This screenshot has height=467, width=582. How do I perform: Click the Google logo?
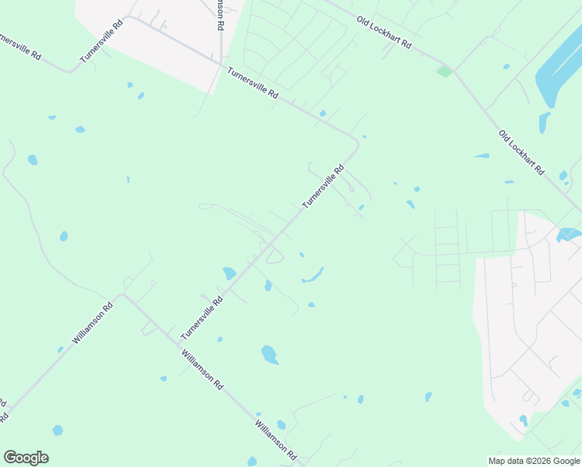(x=26, y=458)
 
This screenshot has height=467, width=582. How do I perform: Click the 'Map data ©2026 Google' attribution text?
(x=535, y=461)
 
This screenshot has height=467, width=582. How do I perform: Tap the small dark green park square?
(x=444, y=72)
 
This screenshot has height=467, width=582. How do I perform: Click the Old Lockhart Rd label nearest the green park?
(x=384, y=32)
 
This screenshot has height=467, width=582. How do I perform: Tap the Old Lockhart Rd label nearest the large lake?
(x=521, y=152)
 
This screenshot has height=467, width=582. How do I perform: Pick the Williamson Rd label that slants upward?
(x=93, y=324)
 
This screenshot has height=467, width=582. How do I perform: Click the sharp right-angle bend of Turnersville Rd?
(x=357, y=142)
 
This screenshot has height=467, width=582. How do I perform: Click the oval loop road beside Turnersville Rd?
(x=275, y=255)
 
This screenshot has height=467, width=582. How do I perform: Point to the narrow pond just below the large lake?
(x=544, y=122)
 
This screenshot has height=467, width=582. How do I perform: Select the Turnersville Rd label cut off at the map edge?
(x=19, y=48)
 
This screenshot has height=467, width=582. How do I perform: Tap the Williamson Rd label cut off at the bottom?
(x=276, y=441)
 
